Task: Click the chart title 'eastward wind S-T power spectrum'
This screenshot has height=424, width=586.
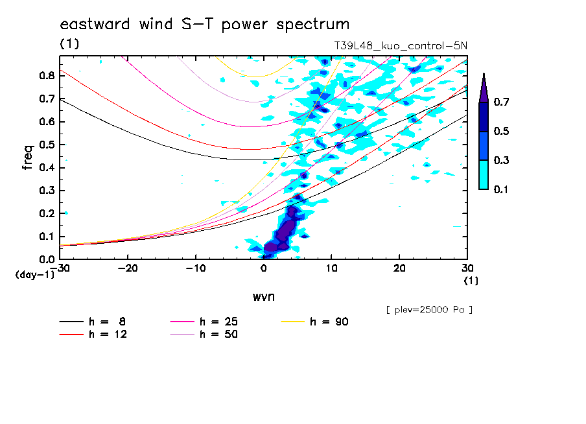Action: pyautogui.click(x=205, y=25)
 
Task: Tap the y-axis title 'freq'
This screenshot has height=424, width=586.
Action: pyautogui.click(x=28, y=158)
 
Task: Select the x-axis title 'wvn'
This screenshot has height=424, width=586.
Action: pyautogui.click(x=263, y=296)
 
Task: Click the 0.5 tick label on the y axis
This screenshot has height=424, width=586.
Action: pyautogui.click(x=46, y=145)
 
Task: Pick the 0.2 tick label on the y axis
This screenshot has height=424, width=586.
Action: pyautogui.click(x=46, y=214)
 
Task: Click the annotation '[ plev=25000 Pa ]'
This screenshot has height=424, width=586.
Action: pyautogui.click(x=429, y=310)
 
